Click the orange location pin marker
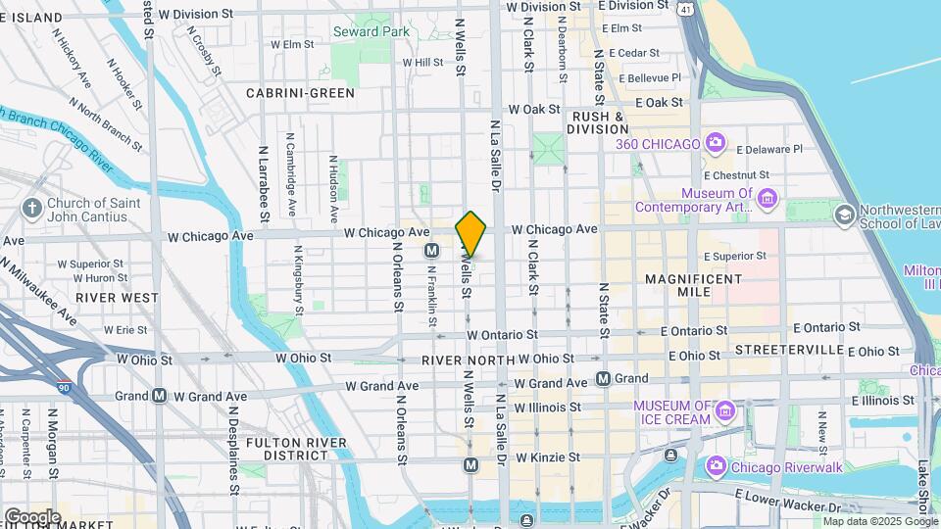tap(471, 234)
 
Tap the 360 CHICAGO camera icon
tap(715, 144)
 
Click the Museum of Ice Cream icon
tap(724, 409)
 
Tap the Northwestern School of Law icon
tap(843, 214)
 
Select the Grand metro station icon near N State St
tap(604, 378)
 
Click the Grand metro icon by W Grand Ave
tap(159, 396)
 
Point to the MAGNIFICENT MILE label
tap(694, 279)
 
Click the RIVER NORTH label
tap(469, 361)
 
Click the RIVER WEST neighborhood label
tap(117, 297)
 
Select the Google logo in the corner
tap(32, 516)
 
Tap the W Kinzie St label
tap(548, 457)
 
